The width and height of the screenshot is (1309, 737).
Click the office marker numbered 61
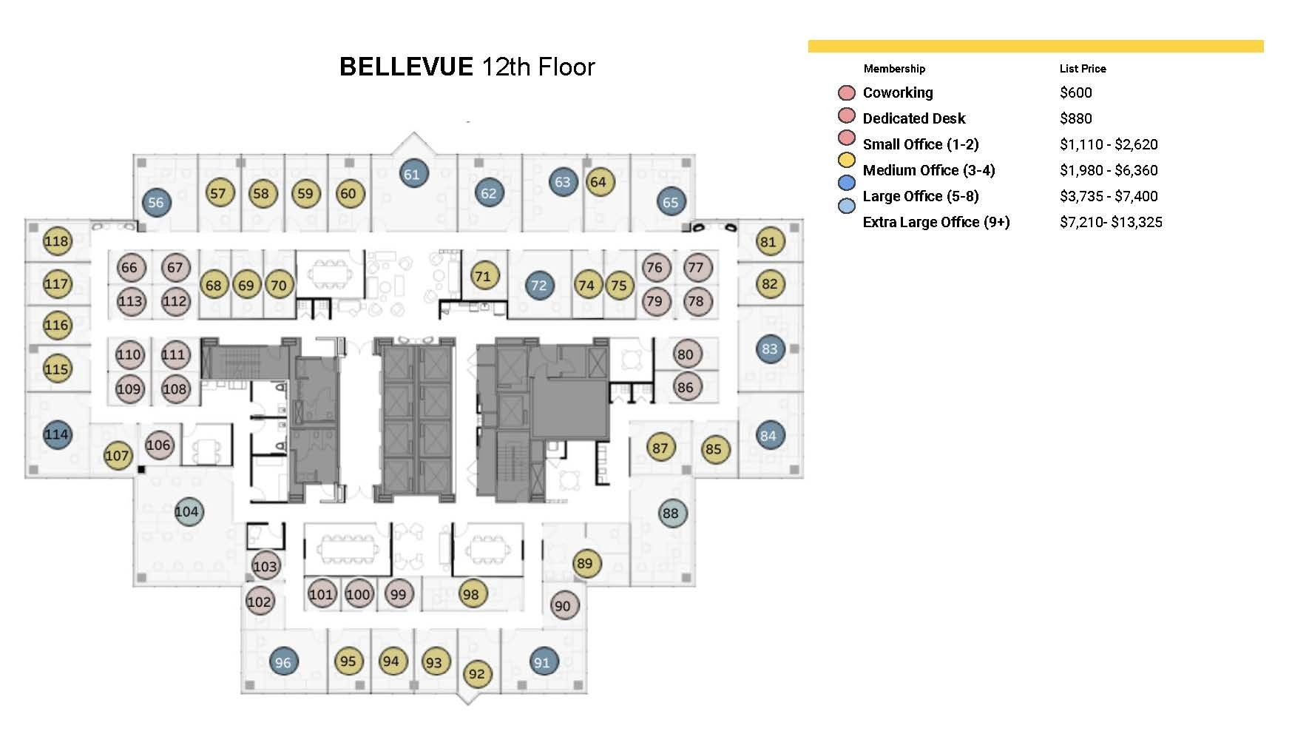coord(412,174)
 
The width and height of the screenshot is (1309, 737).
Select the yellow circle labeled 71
coord(483,276)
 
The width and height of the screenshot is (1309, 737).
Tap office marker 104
coord(187,511)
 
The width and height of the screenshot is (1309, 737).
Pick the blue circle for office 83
coord(770,349)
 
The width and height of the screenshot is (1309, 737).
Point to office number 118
coord(56,240)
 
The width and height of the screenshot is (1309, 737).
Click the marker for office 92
coord(477,673)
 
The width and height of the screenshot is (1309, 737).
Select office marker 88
coord(671,513)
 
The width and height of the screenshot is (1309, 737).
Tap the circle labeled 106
coord(158,445)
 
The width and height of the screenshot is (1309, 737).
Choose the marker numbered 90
coord(563,605)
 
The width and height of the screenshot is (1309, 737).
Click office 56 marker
coord(156,202)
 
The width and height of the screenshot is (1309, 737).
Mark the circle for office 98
coord(470,593)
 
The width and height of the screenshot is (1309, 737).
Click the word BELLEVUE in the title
coord(405,67)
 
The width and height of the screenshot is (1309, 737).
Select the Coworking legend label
coord(897,92)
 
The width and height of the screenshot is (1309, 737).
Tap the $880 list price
coord(1075,118)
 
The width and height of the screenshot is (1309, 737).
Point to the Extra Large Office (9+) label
coord(936,222)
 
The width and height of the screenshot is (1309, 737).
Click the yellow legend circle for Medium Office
coord(846,161)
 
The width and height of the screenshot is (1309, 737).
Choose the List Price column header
coord(1082,68)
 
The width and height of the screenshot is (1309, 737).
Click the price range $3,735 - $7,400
coord(1108,196)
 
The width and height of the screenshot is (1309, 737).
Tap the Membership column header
coord(893,68)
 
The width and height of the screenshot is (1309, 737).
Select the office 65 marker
coord(671,202)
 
